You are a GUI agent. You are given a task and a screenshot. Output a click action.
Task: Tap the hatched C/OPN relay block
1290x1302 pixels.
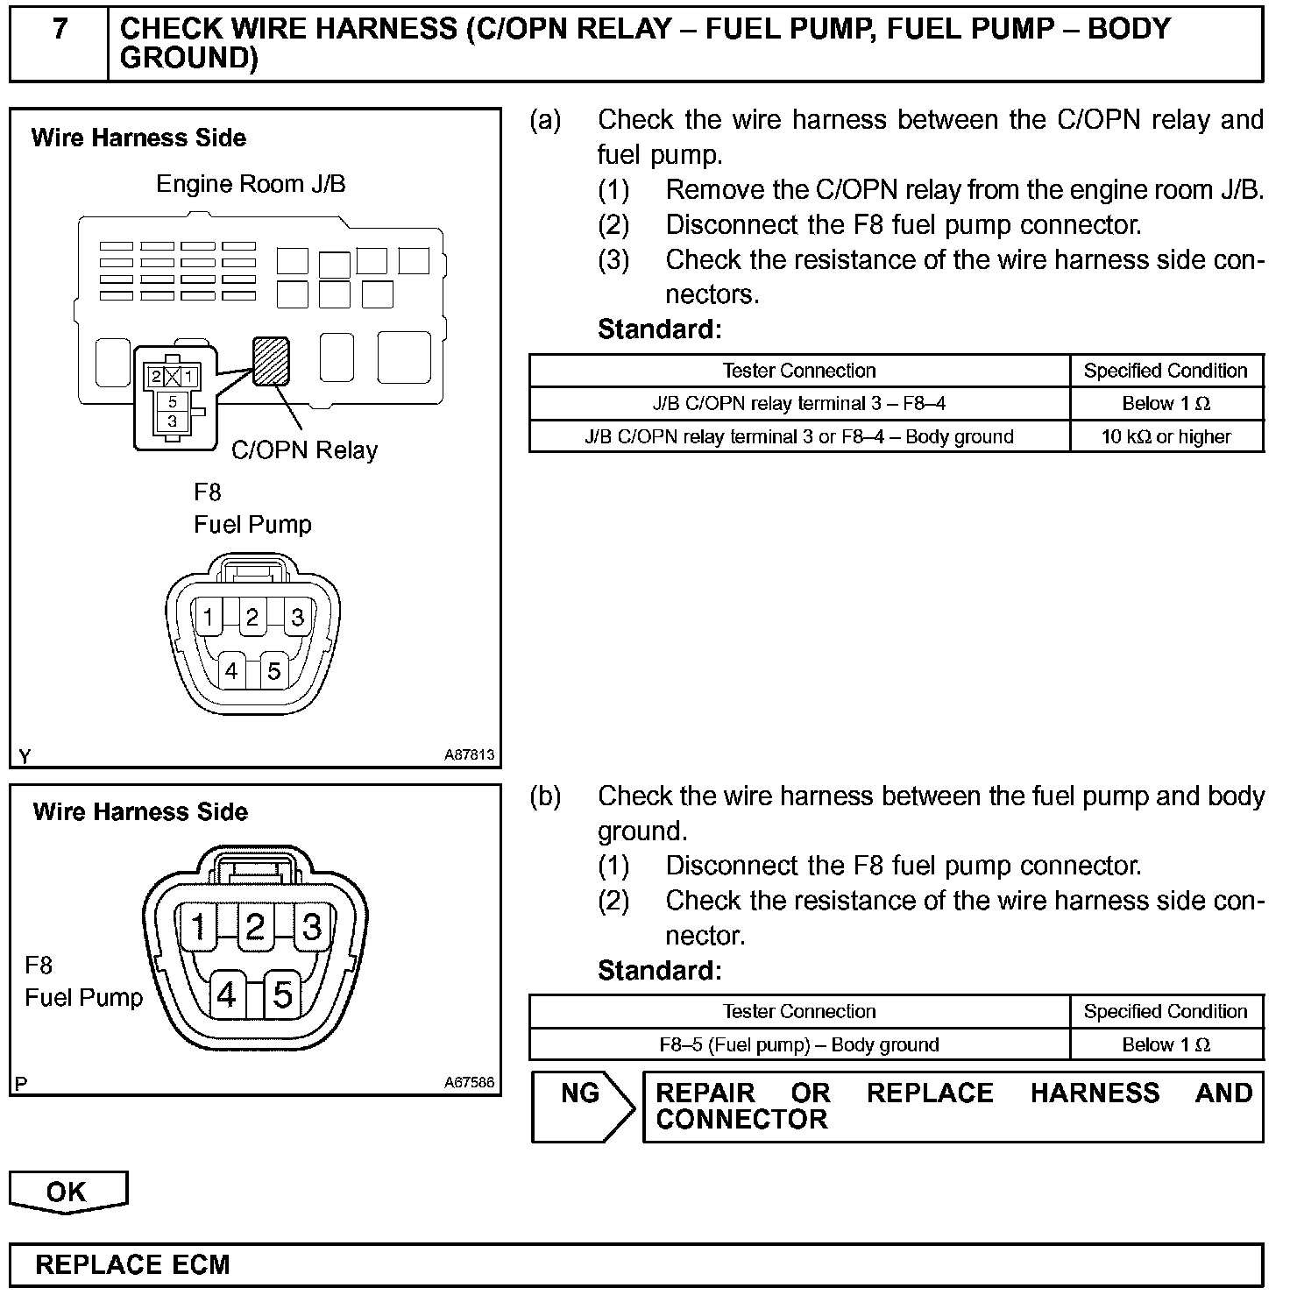271,361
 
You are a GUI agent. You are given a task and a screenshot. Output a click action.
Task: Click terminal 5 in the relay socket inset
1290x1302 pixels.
173,402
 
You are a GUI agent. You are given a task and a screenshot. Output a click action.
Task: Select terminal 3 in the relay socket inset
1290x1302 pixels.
173,421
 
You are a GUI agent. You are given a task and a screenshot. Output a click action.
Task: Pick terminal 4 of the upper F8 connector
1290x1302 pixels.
231,671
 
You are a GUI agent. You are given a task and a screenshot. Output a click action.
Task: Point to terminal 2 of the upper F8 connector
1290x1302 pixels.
252,618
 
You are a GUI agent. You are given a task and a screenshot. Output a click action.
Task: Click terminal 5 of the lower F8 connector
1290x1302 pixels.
282,994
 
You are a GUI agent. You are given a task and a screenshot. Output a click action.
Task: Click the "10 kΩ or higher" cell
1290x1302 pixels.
1166,436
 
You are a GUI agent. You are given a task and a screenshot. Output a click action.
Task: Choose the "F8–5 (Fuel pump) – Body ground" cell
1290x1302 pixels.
798,1044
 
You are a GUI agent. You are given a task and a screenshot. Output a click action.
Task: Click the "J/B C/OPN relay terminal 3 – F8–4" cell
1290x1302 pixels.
798,403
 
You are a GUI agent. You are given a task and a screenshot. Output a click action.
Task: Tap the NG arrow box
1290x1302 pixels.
582,1106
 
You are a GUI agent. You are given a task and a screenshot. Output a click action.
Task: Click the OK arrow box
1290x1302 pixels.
67,1192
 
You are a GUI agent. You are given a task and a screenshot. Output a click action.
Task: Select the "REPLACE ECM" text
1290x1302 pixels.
132,1264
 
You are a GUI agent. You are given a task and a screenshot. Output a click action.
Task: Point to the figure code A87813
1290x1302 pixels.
470,754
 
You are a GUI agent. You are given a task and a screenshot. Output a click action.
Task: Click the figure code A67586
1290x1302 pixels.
470,1082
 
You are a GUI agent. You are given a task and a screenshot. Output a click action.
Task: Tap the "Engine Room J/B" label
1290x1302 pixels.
251,184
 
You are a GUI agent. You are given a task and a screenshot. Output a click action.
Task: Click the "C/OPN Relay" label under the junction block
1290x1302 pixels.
304,450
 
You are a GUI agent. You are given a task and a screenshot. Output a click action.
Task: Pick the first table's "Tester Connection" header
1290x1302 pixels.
798,371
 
